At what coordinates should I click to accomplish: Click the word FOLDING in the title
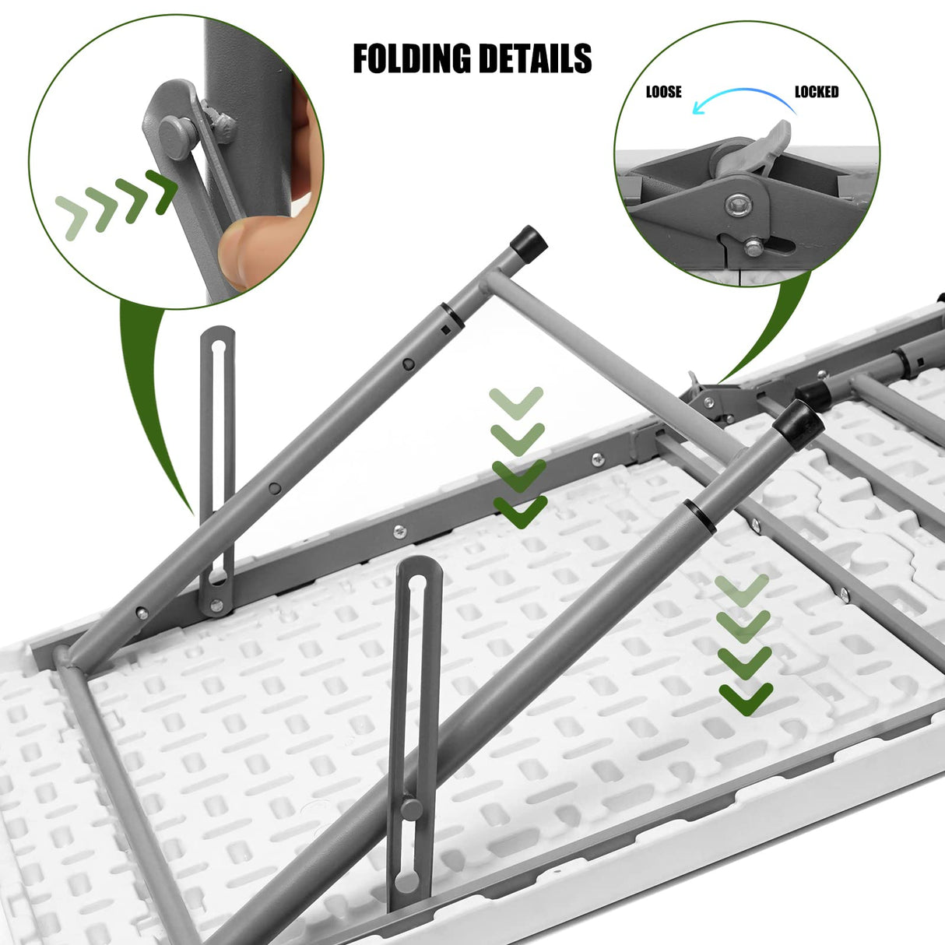[x=411, y=59]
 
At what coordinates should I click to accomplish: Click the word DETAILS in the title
[x=535, y=59]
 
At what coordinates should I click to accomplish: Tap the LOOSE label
[x=663, y=92]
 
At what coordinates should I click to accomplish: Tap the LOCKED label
[x=816, y=92]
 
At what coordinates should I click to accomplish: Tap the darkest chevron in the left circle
[x=163, y=191]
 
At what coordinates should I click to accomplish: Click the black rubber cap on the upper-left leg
[x=529, y=238]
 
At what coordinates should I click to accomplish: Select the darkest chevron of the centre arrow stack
[x=520, y=511]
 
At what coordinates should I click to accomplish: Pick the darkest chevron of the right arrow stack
[x=745, y=698]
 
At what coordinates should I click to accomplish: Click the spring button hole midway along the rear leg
[x=408, y=364]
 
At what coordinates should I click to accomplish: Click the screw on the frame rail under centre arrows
[x=399, y=532]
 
